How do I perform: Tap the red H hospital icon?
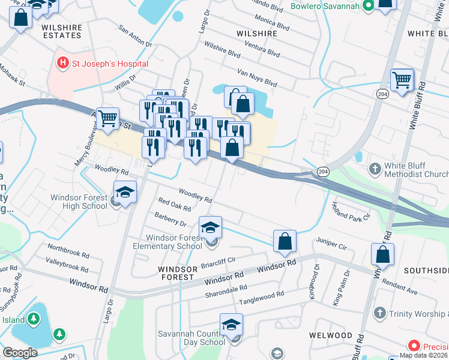62,62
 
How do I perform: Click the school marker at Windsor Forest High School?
125,193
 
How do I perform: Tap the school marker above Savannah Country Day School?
231,326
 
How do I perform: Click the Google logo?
20,352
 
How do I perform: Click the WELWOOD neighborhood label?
331,335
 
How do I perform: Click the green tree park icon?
58,334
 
